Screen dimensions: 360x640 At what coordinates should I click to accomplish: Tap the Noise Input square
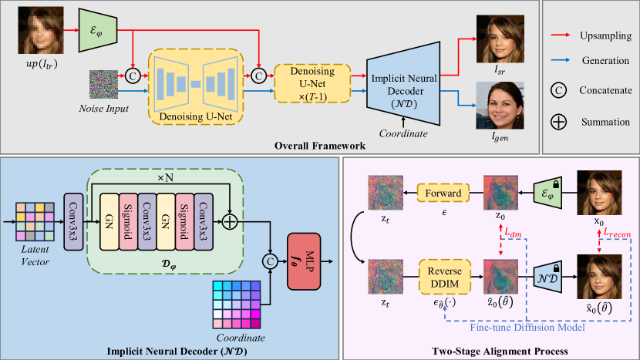(104, 83)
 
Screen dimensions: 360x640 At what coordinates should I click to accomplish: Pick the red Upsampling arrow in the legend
(569, 35)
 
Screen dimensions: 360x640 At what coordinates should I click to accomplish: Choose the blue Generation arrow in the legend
(569, 62)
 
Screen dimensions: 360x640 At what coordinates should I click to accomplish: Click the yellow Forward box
(443, 193)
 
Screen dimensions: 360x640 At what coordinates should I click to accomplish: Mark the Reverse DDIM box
(443, 276)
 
